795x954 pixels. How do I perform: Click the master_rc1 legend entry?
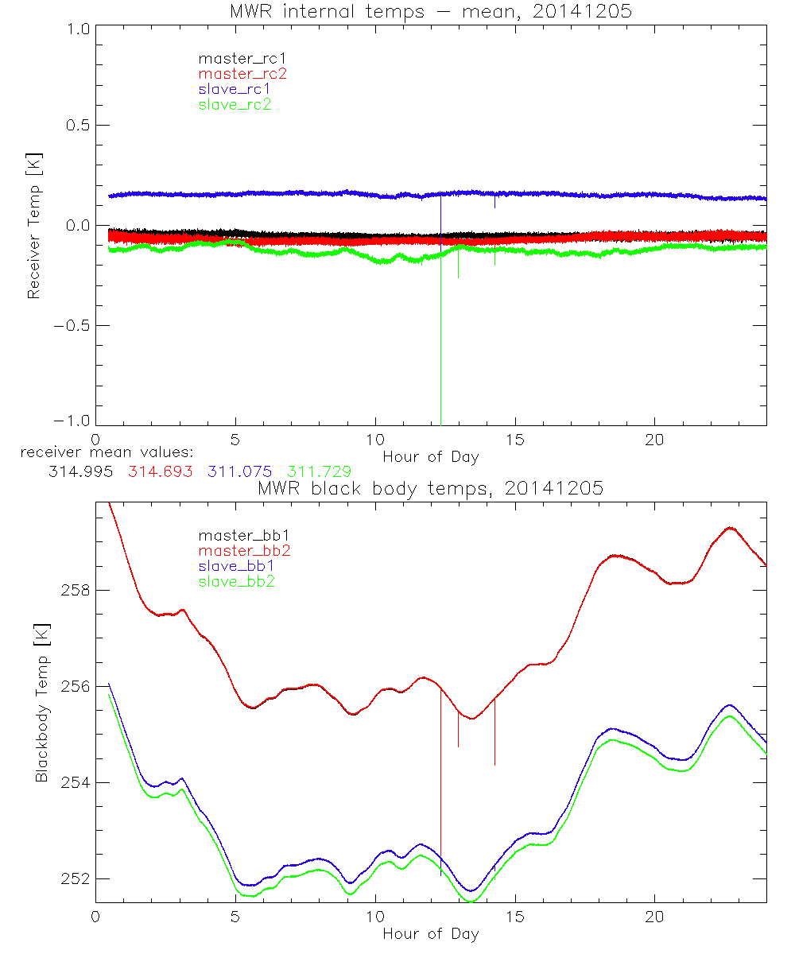coord(235,58)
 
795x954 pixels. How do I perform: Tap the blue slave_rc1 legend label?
coord(235,88)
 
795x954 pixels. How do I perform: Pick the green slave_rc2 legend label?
coord(235,104)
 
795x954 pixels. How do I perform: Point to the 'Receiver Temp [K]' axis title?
coord(33,225)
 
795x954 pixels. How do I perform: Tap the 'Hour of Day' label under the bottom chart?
coord(430,934)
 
